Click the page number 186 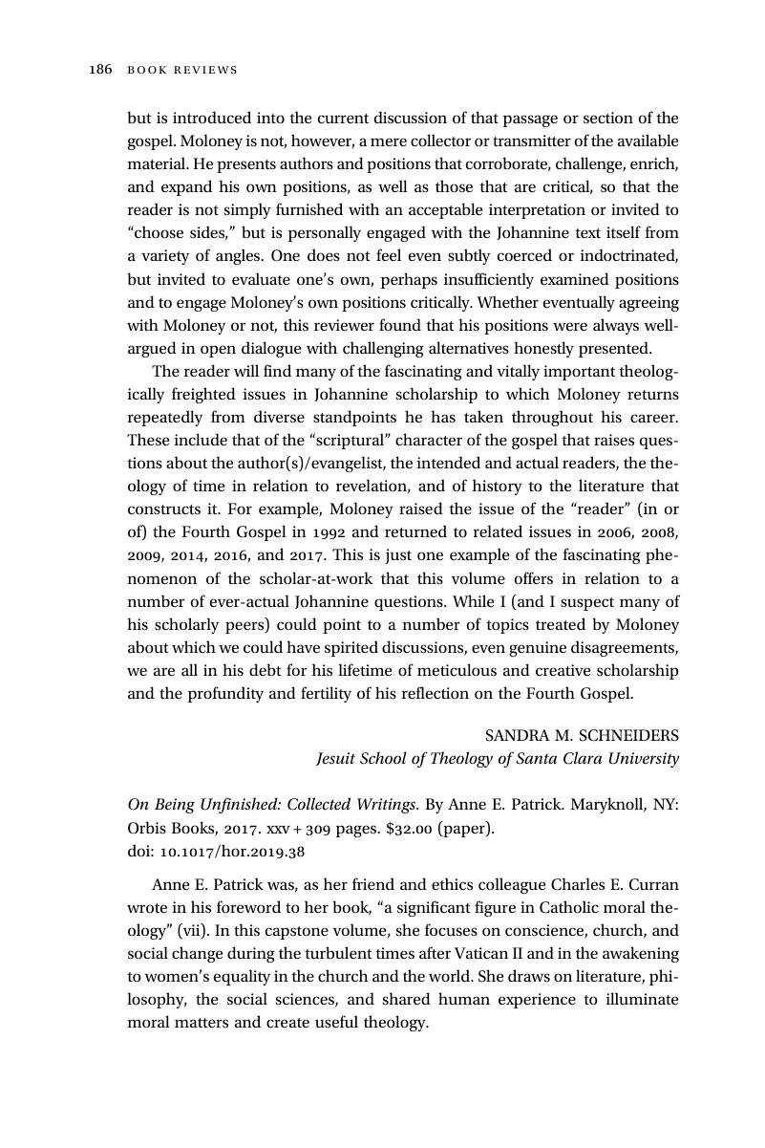pos(100,70)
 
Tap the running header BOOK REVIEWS pos(181,70)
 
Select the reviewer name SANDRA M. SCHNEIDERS pos(582,736)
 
